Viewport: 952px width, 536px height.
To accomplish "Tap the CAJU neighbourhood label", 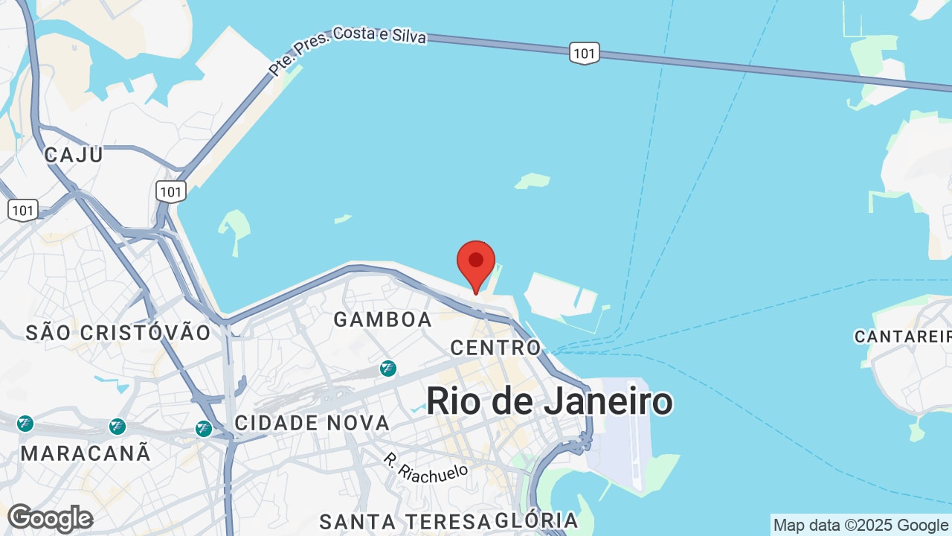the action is pos(74,155).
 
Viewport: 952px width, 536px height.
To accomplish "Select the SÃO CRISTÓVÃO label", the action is pos(119,332).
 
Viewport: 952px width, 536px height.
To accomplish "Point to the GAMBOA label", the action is pos(382,319).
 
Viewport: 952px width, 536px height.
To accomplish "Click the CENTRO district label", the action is pos(496,348).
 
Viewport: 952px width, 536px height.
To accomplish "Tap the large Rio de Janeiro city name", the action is pos(550,401).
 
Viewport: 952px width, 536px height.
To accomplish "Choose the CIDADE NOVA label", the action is pos(312,423).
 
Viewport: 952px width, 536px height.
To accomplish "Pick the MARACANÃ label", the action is pos(86,453).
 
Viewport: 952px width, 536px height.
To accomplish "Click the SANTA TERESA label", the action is pos(405,521).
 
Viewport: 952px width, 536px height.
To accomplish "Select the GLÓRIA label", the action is pos(536,520).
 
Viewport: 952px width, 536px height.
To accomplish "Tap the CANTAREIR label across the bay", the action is pos(902,336).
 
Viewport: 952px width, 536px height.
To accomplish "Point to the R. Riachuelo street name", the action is pos(426,468).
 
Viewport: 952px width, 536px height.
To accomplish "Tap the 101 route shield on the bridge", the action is pos(585,53).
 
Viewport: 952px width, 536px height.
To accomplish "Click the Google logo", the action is pos(50,518).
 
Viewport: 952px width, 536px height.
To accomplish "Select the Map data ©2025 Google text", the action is pos(861,525).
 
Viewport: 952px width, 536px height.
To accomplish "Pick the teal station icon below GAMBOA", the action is pos(387,368).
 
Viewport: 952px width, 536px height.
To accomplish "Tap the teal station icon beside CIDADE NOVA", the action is pos(204,428).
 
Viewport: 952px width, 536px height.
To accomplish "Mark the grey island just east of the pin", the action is pos(561,296).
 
